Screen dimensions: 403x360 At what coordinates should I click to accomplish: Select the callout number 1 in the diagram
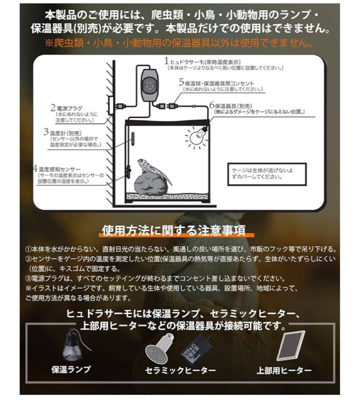coord(167,61)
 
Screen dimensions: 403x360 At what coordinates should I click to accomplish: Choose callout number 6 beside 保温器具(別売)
coord(211,105)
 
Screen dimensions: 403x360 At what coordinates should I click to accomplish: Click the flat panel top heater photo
coord(291,346)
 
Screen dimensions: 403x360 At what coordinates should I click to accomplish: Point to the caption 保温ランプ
coord(71,369)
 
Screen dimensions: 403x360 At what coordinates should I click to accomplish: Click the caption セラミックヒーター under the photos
coord(181,370)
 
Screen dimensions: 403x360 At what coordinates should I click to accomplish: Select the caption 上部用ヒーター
coord(284,370)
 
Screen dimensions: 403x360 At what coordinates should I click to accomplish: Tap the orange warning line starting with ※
coord(180,43)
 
